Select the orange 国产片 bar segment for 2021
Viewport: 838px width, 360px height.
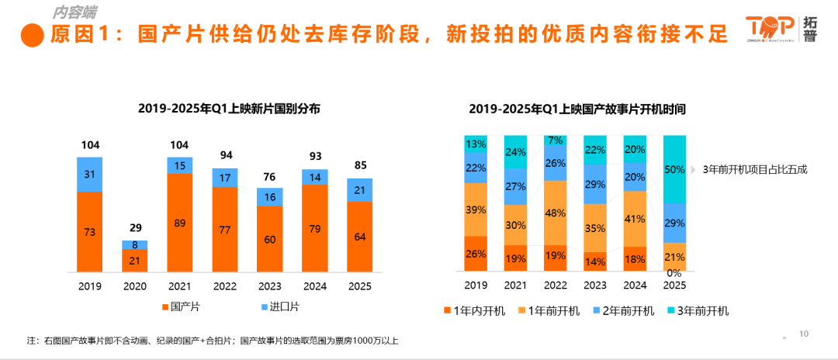(x=179, y=222)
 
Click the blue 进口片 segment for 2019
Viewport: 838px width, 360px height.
(x=90, y=174)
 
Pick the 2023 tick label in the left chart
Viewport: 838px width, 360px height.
(x=270, y=286)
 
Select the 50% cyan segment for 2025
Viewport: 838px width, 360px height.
(x=675, y=168)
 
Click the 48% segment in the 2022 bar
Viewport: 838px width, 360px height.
(x=556, y=213)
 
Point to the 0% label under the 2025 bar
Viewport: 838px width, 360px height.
(x=675, y=272)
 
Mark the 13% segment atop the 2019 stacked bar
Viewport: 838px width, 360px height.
(x=476, y=144)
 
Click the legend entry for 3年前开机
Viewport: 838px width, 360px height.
(x=697, y=311)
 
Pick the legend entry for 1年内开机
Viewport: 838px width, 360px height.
(x=473, y=311)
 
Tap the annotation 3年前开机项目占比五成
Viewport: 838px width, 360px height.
(x=754, y=168)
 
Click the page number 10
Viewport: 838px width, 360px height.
(x=804, y=334)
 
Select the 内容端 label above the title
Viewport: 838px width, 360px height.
(x=75, y=12)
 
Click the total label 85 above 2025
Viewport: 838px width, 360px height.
(x=360, y=164)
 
